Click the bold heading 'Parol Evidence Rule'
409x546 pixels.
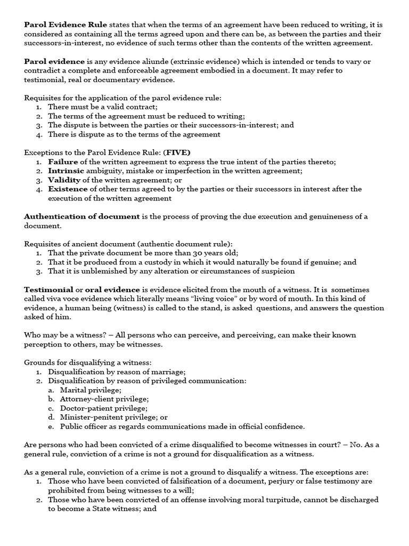click(x=66, y=25)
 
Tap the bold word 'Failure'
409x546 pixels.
click(x=63, y=162)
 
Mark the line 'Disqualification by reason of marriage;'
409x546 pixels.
click(x=117, y=372)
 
